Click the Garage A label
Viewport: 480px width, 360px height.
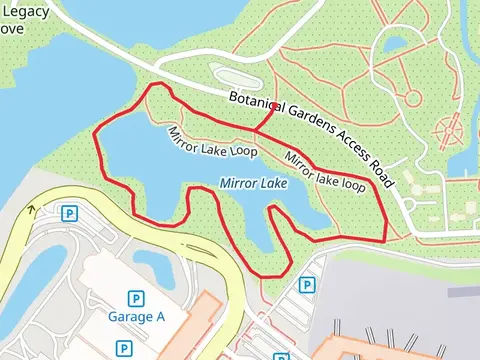pos(135,318)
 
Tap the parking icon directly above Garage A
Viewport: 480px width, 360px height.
pos(135,298)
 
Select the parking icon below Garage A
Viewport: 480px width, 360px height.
pos(123,348)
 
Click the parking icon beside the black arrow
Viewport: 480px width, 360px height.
pos(69,213)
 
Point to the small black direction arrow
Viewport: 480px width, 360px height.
pos(31,209)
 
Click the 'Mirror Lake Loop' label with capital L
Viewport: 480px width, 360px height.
pos(212,141)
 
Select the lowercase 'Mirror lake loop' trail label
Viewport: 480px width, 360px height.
pos(325,170)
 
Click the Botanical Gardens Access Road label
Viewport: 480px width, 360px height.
pos(312,139)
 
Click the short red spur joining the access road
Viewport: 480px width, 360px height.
pos(265,116)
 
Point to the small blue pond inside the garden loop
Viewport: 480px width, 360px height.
pos(396,45)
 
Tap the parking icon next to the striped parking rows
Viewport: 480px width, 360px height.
pos(306,285)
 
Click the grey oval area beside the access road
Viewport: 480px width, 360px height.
pos(236,77)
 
